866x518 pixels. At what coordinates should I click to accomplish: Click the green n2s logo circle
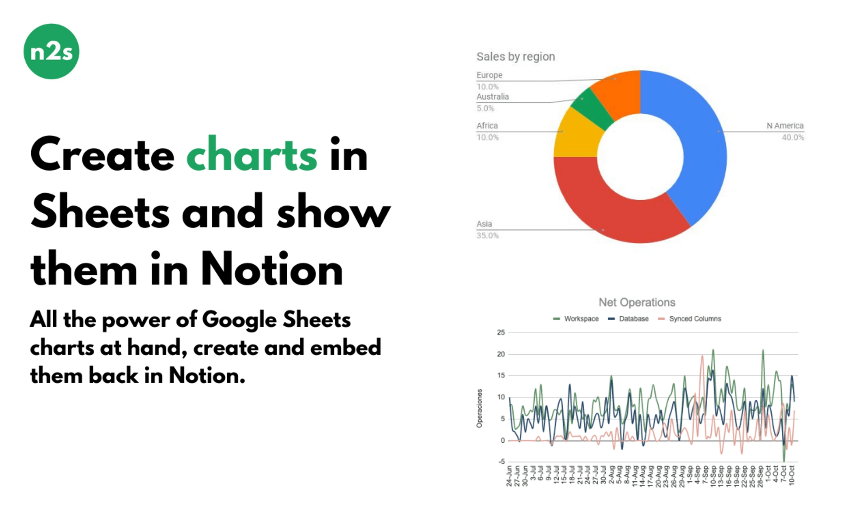click(x=51, y=51)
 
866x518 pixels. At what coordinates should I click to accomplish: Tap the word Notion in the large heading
click(x=271, y=269)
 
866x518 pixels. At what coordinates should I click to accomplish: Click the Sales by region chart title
click(x=515, y=57)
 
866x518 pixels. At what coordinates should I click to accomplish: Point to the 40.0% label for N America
click(x=792, y=137)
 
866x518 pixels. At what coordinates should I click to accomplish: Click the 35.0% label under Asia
click(x=487, y=236)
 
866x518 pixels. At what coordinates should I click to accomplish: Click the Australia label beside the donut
click(x=493, y=97)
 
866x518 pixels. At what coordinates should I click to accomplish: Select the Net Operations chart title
click(x=637, y=302)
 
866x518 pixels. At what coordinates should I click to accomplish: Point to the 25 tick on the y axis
click(x=501, y=333)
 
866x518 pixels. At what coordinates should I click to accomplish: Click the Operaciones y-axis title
click(x=479, y=408)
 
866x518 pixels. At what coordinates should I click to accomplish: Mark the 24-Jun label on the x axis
click(x=509, y=476)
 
